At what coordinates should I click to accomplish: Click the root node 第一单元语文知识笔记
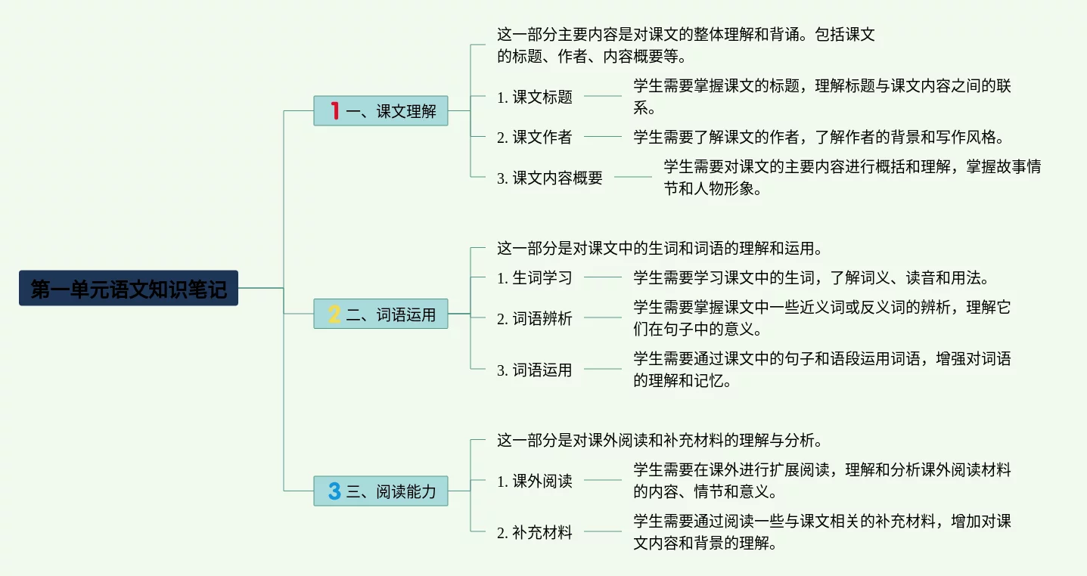(x=129, y=288)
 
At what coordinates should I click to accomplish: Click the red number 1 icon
(x=334, y=110)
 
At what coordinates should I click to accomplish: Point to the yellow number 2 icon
(x=334, y=314)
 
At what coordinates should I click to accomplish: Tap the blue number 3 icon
(x=334, y=491)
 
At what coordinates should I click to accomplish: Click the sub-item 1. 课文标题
(x=535, y=97)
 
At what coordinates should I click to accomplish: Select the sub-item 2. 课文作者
(x=535, y=137)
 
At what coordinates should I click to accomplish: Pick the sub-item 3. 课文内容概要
(x=550, y=178)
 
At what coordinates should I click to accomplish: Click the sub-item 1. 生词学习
(x=535, y=277)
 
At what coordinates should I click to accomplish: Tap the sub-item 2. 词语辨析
(x=535, y=318)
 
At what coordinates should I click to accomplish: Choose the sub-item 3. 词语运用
(x=535, y=370)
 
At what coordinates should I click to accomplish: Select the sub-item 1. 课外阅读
(x=535, y=481)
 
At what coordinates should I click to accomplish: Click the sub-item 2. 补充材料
(x=535, y=532)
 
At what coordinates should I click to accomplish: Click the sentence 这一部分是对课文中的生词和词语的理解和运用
(x=659, y=248)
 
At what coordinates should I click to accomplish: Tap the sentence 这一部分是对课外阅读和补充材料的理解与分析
(x=659, y=440)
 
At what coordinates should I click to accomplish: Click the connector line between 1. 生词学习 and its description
(x=603, y=277)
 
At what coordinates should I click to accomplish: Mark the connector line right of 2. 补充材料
(x=603, y=532)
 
